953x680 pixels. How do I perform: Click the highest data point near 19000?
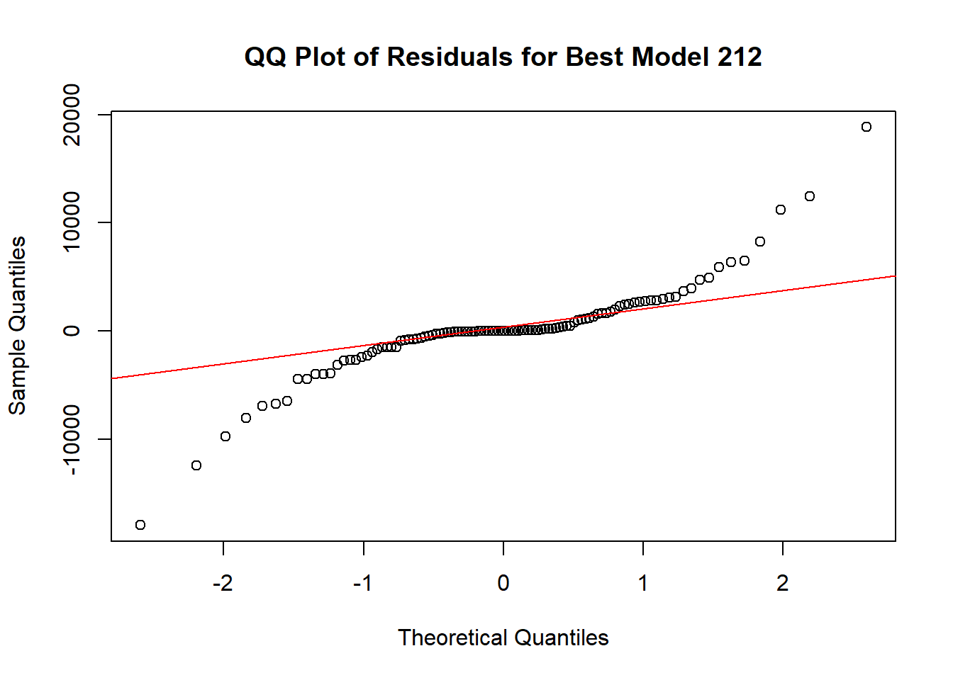(866, 127)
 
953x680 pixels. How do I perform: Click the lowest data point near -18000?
(140, 525)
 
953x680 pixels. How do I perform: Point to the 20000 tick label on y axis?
(72, 115)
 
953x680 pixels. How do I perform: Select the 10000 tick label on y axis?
(72, 222)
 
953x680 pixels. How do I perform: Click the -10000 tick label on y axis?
(72, 439)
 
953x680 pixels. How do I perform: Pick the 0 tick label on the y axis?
(72, 331)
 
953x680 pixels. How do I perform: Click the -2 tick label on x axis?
(223, 583)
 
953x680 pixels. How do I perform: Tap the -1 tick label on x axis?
(362, 583)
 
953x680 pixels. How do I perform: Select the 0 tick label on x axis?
(503, 583)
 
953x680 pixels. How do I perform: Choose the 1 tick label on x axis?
(643, 583)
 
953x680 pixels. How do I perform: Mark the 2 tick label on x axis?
(783, 583)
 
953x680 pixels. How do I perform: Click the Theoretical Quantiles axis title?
(503, 637)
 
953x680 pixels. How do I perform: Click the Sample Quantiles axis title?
(17, 326)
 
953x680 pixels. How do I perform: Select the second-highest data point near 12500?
(810, 196)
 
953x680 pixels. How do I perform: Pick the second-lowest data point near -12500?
(196, 465)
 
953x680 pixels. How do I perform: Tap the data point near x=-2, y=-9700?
(225, 436)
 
